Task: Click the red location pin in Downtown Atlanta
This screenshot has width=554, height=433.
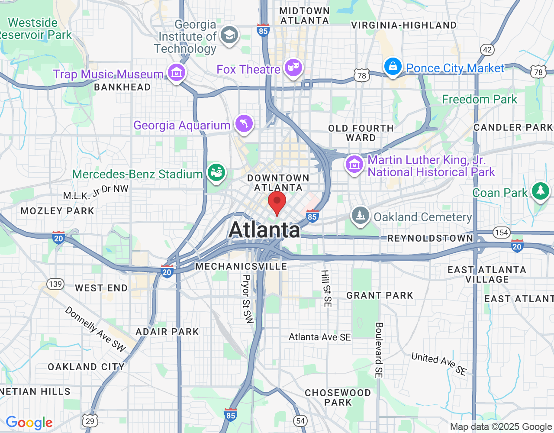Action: tap(277, 203)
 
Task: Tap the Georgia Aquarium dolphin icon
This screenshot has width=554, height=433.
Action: tap(244, 124)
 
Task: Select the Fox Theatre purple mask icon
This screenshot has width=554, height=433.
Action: tap(293, 68)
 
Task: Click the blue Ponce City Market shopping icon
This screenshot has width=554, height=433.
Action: tap(393, 67)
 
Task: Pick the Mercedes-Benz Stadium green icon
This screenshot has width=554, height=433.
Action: tap(216, 173)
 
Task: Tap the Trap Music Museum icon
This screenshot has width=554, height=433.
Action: tap(176, 73)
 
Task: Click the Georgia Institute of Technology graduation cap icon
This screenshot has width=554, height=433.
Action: tap(229, 35)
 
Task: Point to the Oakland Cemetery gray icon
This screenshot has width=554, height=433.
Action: tap(360, 216)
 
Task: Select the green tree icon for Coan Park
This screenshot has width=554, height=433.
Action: tap(540, 191)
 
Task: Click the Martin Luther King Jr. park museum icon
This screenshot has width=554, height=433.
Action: tap(354, 165)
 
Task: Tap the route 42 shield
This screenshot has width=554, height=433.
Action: tap(487, 49)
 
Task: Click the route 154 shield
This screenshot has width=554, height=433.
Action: tap(501, 233)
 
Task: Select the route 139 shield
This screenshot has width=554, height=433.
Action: tap(55, 284)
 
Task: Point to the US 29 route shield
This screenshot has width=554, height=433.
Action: tap(90, 421)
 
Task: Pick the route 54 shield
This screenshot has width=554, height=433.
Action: tap(300, 420)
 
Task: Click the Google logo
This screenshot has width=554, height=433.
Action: tap(29, 423)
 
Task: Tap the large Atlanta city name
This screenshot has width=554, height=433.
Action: tap(264, 229)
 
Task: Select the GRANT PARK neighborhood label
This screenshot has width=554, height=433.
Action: tap(380, 295)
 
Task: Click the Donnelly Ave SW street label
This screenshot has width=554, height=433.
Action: tap(95, 329)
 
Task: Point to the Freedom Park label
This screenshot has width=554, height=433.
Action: tap(479, 99)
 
